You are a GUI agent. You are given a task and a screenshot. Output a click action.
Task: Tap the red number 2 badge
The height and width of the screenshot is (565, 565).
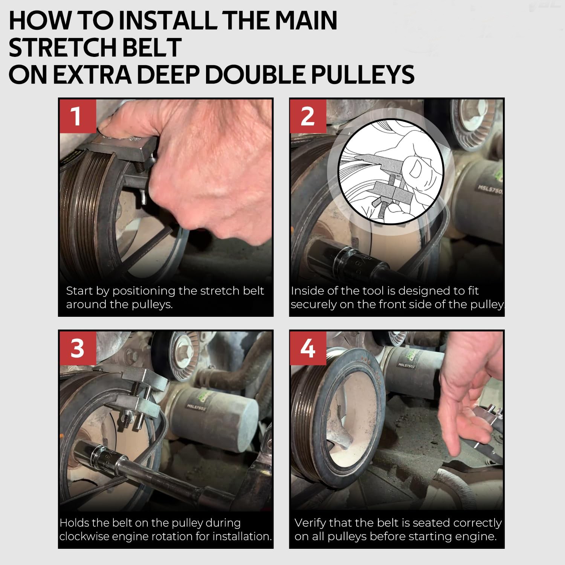click(x=308, y=116)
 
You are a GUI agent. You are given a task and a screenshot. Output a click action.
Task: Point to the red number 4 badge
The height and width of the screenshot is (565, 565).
click(x=308, y=348)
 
